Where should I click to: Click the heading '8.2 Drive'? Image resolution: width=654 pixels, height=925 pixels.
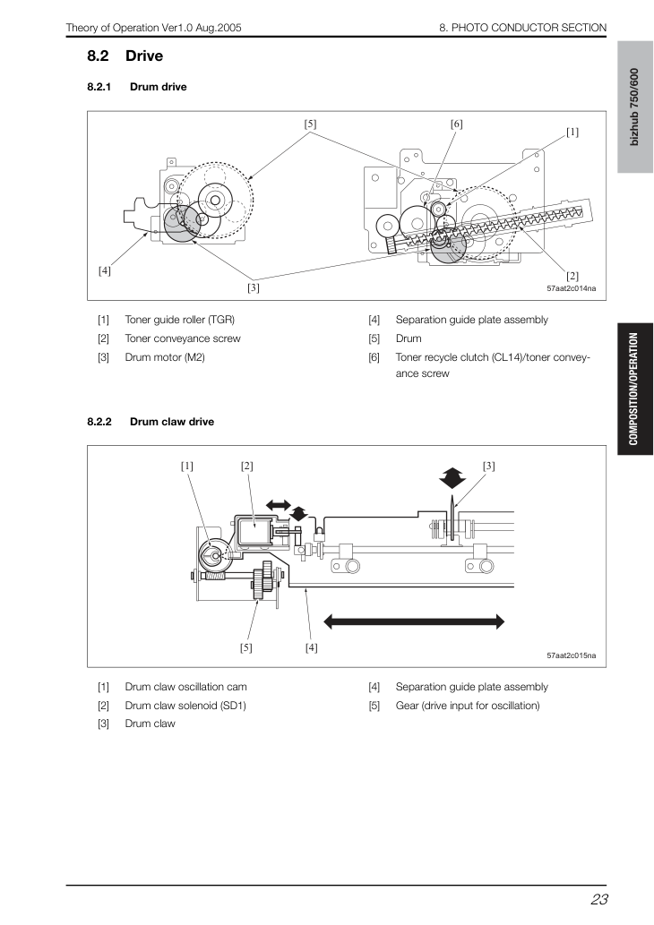(125, 56)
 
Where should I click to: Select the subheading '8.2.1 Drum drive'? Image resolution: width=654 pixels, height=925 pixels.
(137, 87)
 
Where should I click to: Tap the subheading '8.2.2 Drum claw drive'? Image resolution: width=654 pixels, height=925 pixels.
(151, 422)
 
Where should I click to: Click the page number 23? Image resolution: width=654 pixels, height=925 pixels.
(598, 899)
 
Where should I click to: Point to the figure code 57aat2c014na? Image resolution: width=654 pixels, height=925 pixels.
(572, 288)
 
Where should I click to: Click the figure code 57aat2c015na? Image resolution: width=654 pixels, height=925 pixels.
(572, 655)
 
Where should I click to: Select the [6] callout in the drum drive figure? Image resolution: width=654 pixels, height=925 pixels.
(456, 124)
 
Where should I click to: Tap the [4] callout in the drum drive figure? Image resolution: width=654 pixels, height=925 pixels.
(105, 270)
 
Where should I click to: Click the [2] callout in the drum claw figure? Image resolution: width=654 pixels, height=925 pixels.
(246, 466)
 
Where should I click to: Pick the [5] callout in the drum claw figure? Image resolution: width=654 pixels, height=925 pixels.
(246, 647)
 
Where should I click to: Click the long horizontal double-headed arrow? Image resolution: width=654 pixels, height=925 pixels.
(415, 621)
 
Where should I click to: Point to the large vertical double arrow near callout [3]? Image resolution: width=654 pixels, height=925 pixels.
(452, 478)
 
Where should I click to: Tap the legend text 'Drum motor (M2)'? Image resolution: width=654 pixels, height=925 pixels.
(165, 357)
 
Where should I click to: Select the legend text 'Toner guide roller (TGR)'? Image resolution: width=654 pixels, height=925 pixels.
(179, 320)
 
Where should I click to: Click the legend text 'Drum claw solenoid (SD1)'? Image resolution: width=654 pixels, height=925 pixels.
(185, 706)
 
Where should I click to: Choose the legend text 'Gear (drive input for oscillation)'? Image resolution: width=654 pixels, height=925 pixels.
(468, 706)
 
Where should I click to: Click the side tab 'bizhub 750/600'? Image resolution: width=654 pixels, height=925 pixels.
(635, 107)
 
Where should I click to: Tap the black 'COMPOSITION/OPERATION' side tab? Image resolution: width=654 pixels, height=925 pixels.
(635, 389)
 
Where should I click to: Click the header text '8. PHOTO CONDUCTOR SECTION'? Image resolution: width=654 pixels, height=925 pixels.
(523, 28)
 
